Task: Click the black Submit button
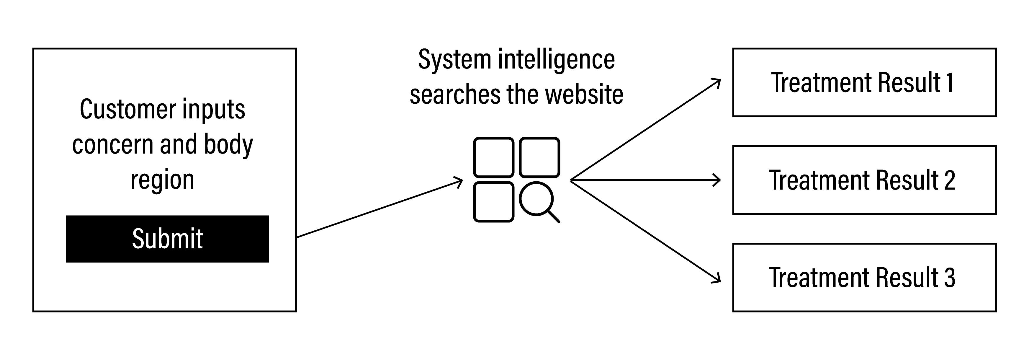tap(167, 239)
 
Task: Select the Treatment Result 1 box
tap(864, 83)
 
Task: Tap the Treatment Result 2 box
tap(864, 180)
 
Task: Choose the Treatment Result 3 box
tap(864, 277)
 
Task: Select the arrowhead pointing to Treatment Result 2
tap(718, 180)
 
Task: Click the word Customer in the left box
tap(128, 109)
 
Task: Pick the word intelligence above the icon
tap(556, 60)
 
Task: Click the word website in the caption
tap(584, 95)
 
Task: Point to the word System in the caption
tap(454, 60)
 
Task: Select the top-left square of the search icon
tap(493, 157)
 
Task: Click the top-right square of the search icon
tap(539, 157)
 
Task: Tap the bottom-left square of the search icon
tap(493, 202)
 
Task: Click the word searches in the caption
tap(455, 95)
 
